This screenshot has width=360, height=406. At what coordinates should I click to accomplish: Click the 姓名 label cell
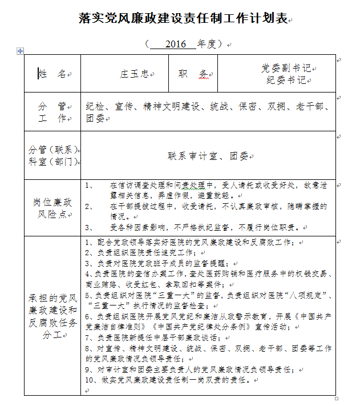point(52,74)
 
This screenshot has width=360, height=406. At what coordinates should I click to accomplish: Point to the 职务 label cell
point(193,74)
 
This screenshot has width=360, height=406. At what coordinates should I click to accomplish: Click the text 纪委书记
point(286,80)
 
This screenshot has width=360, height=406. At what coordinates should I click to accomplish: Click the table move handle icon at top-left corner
point(20,51)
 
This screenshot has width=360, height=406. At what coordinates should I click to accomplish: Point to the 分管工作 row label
point(52,112)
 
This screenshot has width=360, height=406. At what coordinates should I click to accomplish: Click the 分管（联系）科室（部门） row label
point(53,155)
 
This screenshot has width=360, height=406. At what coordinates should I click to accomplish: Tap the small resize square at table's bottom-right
point(337,398)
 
